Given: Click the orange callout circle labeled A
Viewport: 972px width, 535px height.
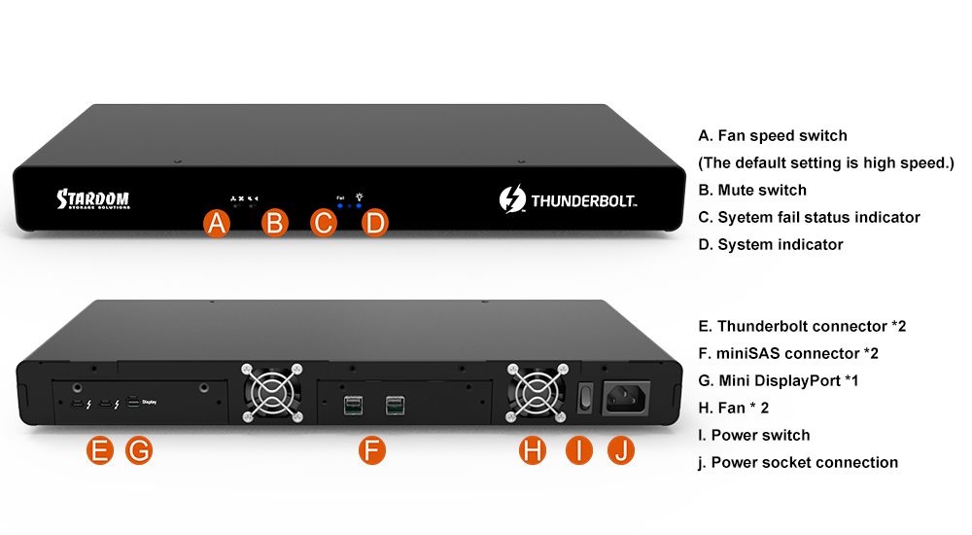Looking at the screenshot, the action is tap(217, 224).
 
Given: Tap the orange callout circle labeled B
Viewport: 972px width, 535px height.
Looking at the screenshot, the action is tap(275, 224).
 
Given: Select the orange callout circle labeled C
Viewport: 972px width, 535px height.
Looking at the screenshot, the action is tap(323, 224).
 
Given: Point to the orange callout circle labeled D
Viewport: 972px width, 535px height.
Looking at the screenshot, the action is tap(374, 224).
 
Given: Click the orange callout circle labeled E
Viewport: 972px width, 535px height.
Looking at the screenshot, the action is tap(100, 450).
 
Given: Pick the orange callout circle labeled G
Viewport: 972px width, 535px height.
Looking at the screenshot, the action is tap(139, 450).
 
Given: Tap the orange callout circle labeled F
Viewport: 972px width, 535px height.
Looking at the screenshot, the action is tap(372, 450).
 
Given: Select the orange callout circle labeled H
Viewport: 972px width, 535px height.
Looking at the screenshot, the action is tap(533, 450).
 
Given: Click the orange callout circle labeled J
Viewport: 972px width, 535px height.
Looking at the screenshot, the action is tap(620, 450).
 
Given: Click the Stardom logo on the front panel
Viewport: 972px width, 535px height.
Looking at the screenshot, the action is tap(93, 199).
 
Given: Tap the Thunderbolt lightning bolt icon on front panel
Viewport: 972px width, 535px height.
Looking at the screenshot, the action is tap(512, 198).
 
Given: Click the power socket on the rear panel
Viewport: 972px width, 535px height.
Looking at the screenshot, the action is tap(627, 398).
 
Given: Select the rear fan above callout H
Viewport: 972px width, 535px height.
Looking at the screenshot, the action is tap(537, 393).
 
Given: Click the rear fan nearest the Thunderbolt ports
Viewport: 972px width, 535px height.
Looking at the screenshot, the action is tap(272, 393).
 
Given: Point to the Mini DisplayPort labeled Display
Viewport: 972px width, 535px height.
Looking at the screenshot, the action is tap(133, 402).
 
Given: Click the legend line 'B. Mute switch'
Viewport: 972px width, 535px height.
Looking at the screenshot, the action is tap(752, 190).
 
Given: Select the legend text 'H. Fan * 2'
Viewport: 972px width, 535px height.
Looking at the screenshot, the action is tap(733, 408).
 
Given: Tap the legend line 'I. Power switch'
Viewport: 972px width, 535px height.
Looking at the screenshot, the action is tap(754, 435).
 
